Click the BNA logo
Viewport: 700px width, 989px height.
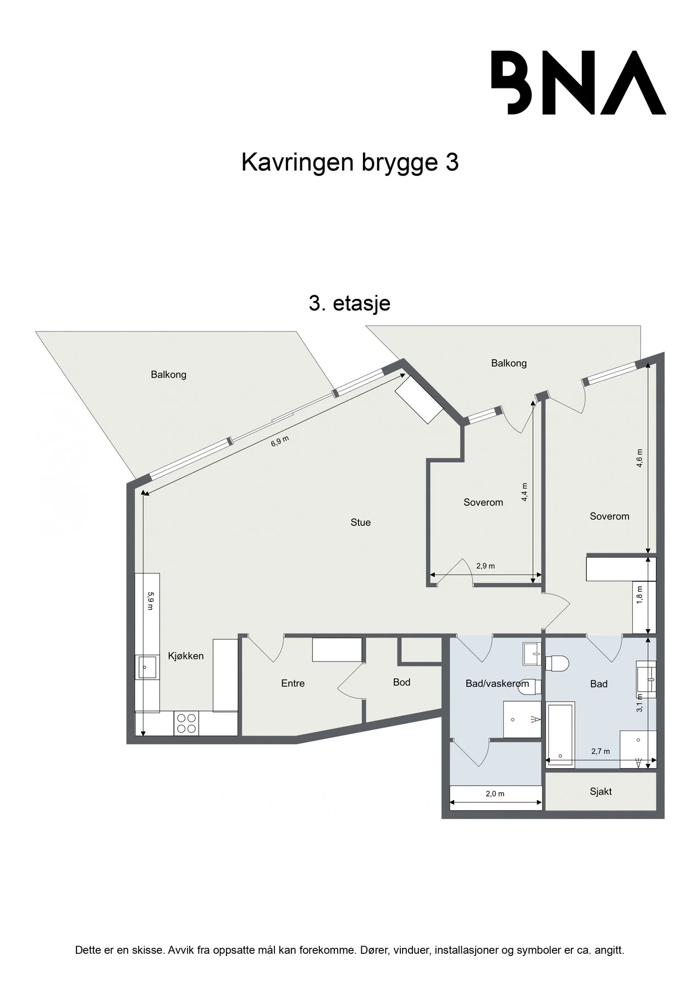click(578, 82)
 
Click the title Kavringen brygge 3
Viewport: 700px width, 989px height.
click(350, 163)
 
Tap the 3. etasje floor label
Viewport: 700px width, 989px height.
click(349, 303)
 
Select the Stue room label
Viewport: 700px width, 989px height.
click(361, 523)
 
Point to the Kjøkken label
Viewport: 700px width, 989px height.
click(186, 656)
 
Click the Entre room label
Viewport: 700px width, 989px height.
click(293, 684)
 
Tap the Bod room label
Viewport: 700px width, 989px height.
click(401, 682)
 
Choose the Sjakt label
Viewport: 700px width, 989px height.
click(600, 792)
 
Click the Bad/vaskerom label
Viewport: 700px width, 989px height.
click(497, 684)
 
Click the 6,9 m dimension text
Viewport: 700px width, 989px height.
click(280, 441)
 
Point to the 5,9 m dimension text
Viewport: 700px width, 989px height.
click(150, 601)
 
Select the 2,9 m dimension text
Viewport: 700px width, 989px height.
click(486, 566)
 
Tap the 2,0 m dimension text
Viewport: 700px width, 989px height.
click(495, 794)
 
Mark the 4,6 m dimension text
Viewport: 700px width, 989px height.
click(639, 458)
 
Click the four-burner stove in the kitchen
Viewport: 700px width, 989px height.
click(186, 724)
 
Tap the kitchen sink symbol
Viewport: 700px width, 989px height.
click(146, 668)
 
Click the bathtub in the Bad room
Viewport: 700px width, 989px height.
click(560, 735)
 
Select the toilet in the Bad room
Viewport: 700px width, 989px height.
click(556, 664)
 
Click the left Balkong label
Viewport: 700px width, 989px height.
click(169, 375)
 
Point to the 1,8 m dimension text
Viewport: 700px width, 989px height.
click(639, 596)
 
